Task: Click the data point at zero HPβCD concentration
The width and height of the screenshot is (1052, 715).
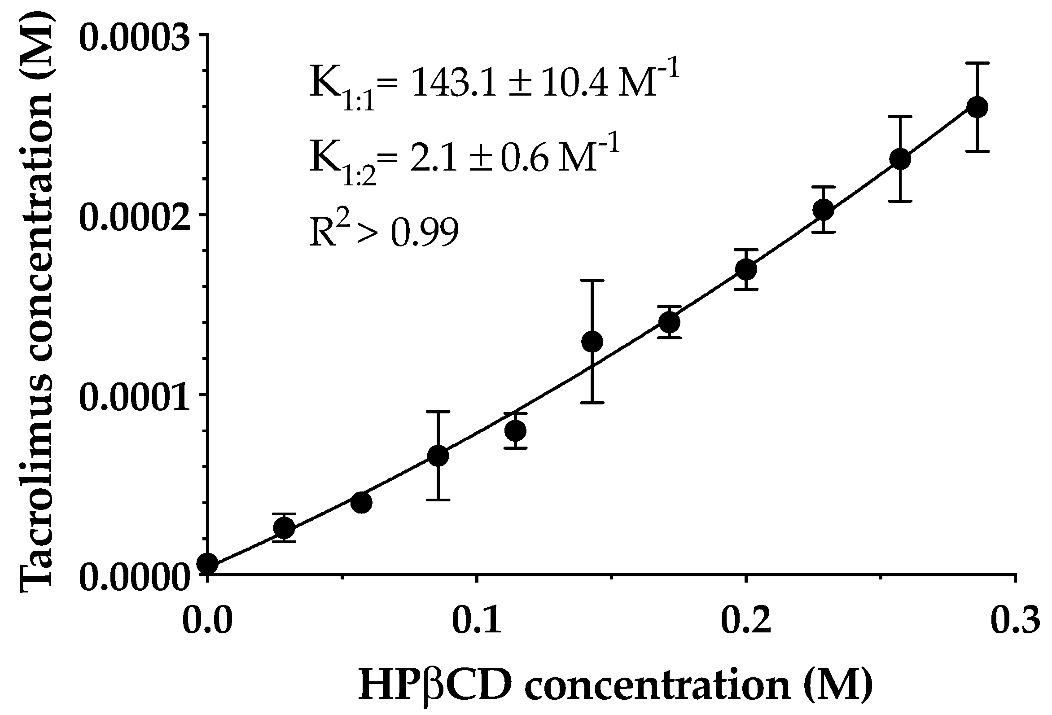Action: click(x=208, y=564)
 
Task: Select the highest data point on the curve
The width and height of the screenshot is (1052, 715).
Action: click(x=977, y=107)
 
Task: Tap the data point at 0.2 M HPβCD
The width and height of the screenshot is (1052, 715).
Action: click(x=746, y=269)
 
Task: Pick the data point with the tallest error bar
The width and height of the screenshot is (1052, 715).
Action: click(x=592, y=341)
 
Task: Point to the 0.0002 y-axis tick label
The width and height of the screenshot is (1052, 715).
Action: click(x=134, y=216)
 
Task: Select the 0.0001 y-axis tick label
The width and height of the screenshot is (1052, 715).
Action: click(x=134, y=396)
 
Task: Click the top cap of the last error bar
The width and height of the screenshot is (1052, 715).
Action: click(x=977, y=63)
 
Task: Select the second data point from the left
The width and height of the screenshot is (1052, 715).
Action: click(x=284, y=527)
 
